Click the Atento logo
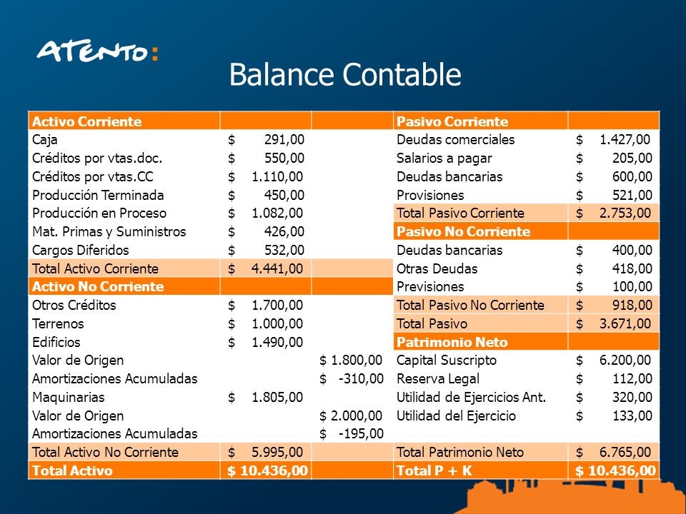[x=97, y=52]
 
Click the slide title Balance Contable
[x=344, y=74]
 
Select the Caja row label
[x=45, y=140]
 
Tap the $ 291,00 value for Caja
[x=267, y=140]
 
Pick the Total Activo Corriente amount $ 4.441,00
[x=267, y=268]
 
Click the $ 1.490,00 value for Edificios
[x=267, y=342]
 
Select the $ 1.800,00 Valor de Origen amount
[x=352, y=361]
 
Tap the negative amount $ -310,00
[x=352, y=378]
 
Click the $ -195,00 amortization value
[x=352, y=433]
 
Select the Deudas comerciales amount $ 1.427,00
[x=614, y=140]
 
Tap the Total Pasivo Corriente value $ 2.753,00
[x=614, y=213]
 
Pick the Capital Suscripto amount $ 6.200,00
[x=614, y=361]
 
